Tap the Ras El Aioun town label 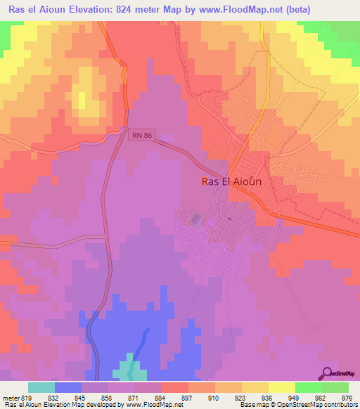tap(231, 181)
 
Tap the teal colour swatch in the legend tap(41, 387)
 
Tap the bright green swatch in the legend tap(308, 387)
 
